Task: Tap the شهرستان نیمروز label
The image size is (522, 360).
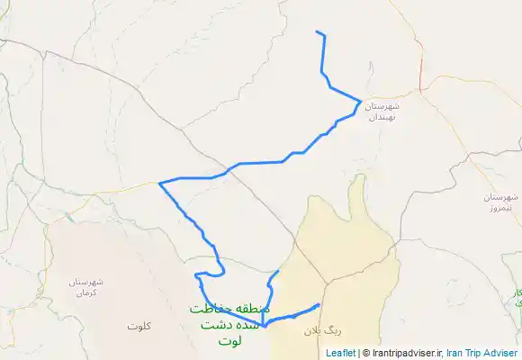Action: click(x=500, y=202)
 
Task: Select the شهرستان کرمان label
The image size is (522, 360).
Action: click(x=86, y=287)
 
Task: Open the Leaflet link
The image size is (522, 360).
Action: click(x=341, y=353)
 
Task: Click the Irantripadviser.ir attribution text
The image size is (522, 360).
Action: click(x=405, y=353)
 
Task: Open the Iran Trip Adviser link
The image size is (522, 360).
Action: click(x=481, y=353)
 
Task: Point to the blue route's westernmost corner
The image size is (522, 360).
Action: click(x=159, y=184)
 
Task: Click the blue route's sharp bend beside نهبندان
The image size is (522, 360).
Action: click(x=361, y=101)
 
